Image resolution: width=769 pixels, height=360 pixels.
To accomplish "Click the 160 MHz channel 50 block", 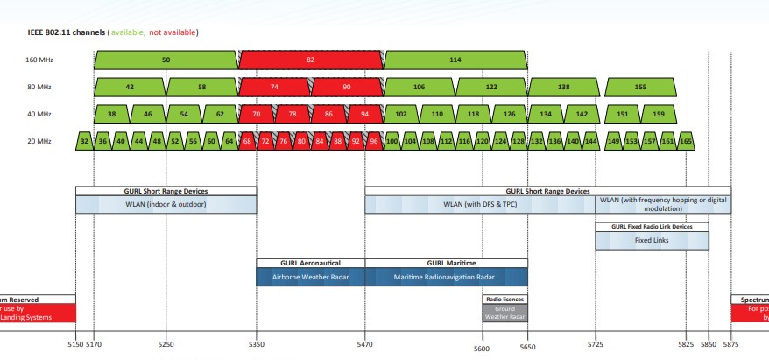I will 166,60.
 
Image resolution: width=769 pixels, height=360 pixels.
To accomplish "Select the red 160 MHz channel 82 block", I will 310,60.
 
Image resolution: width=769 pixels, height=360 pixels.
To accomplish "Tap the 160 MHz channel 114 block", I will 455,60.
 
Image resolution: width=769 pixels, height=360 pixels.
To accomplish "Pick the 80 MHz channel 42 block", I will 130,88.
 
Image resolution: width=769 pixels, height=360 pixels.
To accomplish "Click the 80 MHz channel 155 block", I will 640,88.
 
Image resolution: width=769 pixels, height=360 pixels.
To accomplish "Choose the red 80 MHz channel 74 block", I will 274,88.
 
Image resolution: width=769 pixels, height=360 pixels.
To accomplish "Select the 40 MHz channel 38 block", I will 111,114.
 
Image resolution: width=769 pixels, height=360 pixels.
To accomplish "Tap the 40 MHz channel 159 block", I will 659,114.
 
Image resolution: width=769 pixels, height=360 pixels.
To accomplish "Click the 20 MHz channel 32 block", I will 84,140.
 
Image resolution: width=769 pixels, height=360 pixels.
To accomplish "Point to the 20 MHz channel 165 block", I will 685,140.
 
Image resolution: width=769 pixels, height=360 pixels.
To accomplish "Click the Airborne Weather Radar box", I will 310,276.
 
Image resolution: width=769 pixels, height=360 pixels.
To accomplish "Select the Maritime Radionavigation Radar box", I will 446,276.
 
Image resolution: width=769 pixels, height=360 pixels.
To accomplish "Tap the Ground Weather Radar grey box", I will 504,311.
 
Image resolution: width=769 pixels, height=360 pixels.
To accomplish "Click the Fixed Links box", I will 652,240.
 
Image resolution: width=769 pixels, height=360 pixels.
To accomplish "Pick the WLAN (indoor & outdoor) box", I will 166,205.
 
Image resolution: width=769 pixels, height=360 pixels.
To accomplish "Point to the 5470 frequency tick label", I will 365,344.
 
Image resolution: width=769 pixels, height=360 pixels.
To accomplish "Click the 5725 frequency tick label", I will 596,344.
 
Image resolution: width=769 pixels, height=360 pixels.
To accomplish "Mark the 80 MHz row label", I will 39,88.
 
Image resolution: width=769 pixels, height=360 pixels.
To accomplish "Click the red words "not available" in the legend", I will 173,32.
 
